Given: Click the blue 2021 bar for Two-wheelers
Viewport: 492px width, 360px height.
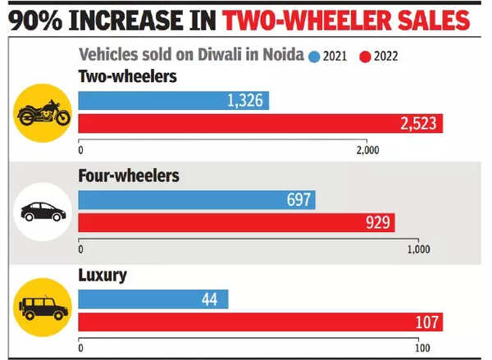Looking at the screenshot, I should [x=173, y=101].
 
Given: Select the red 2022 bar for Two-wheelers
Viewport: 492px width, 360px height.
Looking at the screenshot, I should [x=261, y=124].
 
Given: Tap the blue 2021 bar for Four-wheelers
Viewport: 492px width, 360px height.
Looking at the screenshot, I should [x=197, y=200].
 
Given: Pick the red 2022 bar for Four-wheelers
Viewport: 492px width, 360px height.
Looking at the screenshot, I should [x=236, y=223].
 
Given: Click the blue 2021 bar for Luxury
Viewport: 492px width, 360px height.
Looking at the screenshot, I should [x=153, y=300].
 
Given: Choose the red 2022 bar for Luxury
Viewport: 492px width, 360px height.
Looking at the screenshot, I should [x=261, y=323].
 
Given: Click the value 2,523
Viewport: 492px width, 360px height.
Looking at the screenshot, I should [x=420, y=124].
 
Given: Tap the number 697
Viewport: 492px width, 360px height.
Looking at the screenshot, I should [x=299, y=200].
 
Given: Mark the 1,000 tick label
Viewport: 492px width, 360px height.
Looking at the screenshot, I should [x=418, y=249].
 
